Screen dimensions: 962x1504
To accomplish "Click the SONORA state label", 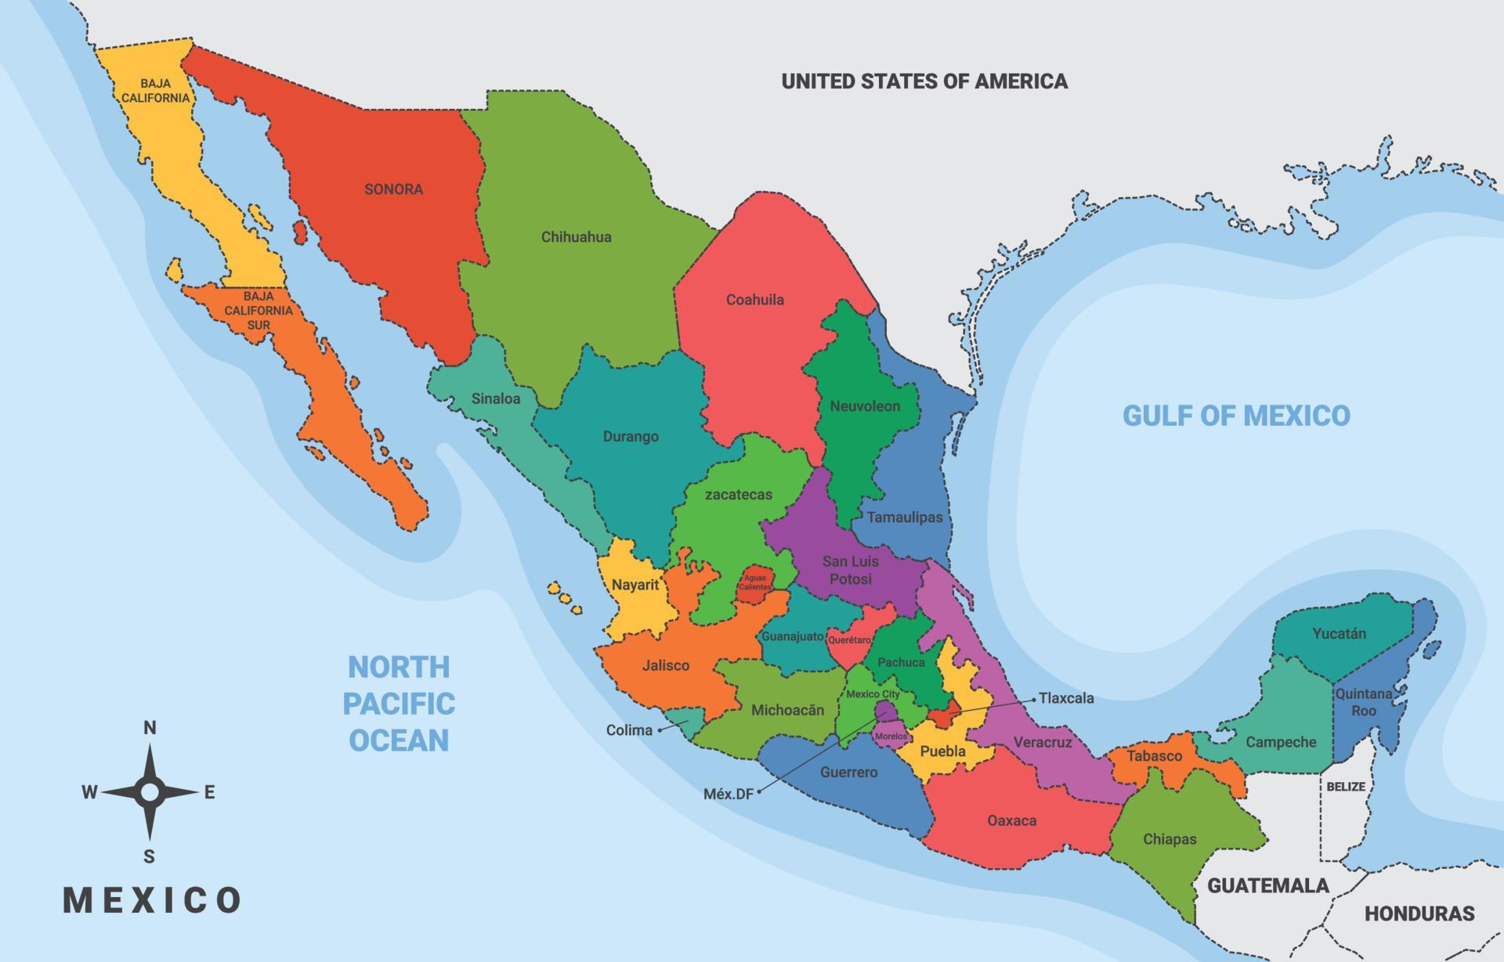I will point(393,189).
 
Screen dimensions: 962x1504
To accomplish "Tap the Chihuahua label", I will point(576,237).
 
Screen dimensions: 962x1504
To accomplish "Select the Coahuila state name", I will point(754,300).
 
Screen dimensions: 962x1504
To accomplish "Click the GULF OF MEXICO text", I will point(1236,416).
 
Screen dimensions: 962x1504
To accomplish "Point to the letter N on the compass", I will point(150,728).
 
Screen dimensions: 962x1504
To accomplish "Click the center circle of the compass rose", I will point(150,793).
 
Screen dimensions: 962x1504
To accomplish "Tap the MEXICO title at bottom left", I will point(152,900).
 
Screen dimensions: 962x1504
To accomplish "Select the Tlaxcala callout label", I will point(1065,698).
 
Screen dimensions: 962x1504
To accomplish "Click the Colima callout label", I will point(629,730).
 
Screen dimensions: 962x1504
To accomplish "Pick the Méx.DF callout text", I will point(728,794).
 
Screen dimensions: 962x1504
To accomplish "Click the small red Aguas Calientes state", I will point(756,583).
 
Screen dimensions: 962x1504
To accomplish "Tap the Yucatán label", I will point(1339,634).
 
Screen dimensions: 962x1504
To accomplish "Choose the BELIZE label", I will point(1346,787).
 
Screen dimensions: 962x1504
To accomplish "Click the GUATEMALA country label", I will point(1267,886).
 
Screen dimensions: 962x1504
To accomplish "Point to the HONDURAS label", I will point(1419,913).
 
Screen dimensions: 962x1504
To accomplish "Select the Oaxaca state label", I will point(1011,821).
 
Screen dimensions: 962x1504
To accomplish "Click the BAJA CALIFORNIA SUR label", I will point(258,311).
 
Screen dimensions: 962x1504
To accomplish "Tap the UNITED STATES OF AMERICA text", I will point(924,81).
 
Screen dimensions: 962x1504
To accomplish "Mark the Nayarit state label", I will point(634,585).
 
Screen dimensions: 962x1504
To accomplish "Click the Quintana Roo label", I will point(1364,702).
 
